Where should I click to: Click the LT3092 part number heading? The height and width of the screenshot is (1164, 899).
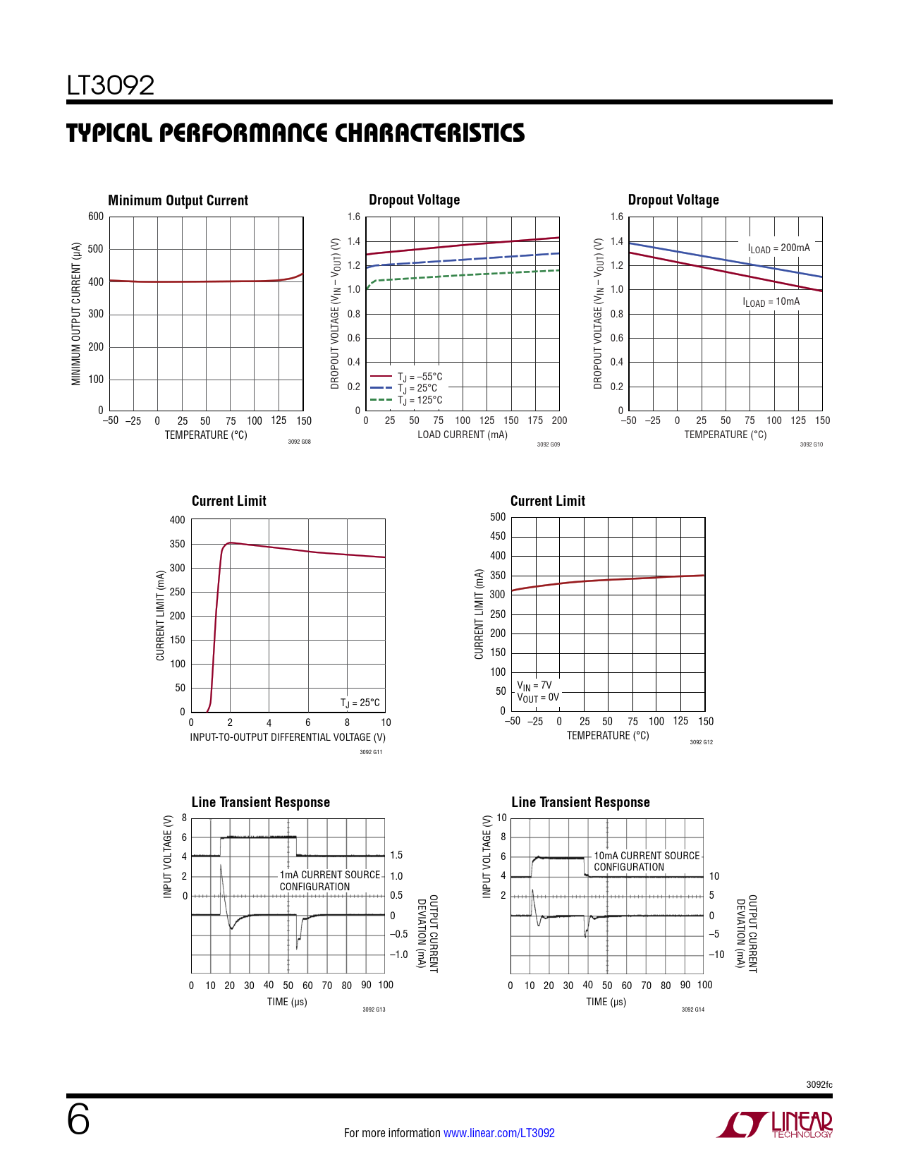pyautogui.click(x=111, y=85)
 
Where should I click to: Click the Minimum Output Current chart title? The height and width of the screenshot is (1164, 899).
pyautogui.click(x=178, y=200)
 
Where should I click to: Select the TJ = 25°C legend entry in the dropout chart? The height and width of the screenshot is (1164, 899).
pyautogui.click(x=417, y=388)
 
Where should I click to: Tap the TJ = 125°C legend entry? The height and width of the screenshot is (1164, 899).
pyautogui.click(x=420, y=400)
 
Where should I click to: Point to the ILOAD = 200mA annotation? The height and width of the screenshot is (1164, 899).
pyautogui.click(x=778, y=248)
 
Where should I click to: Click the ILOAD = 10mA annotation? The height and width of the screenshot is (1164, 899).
pyautogui.click(x=771, y=302)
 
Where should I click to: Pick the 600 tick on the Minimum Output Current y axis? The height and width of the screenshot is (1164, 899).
pyautogui.click(x=96, y=217)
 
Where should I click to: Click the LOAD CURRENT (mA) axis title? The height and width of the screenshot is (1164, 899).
pyautogui.click(x=462, y=435)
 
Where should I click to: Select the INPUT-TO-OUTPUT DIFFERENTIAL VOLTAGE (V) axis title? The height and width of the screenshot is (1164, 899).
pyautogui.click(x=288, y=737)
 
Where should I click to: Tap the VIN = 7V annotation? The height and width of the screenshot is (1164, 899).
pyautogui.click(x=534, y=685)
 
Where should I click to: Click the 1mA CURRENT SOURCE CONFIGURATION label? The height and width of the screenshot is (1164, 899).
pyautogui.click(x=329, y=880)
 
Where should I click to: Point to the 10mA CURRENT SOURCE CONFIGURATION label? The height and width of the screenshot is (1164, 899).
pyautogui.click(x=647, y=861)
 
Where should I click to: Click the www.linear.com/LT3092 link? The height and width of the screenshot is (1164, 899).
pyautogui.click(x=499, y=1133)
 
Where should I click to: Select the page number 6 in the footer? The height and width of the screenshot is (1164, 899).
pyautogui.click(x=78, y=1120)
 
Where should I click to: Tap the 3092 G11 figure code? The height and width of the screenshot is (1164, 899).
pyautogui.click(x=371, y=752)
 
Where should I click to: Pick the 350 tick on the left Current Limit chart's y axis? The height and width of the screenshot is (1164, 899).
pyautogui.click(x=177, y=544)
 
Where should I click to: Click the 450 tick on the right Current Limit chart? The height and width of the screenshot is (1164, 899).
pyautogui.click(x=498, y=536)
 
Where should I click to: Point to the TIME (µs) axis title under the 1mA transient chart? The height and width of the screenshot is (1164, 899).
pyautogui.click(x=287, y=1002)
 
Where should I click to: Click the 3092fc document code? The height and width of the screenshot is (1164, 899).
pyautogui.click(x=819, y=1084)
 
